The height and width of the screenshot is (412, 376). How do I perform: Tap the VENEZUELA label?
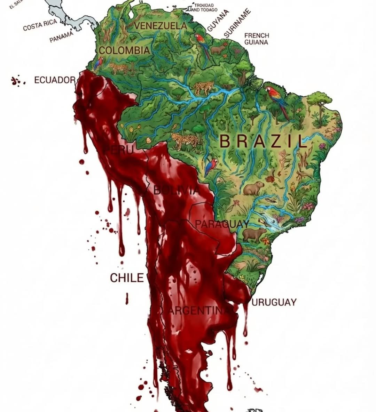pos(160,26)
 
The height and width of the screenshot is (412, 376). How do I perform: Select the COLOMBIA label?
pos(124,50)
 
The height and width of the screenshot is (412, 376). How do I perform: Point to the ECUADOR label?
pos(55,80)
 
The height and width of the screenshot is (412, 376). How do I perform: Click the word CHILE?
pos(127,278)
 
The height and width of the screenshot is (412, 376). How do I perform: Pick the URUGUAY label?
pos(274,302)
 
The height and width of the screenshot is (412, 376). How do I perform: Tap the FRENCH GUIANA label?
pos(257,39)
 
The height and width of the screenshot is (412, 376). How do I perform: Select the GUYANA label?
pos(218,21)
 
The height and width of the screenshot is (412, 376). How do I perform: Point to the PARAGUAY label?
pos(221,224)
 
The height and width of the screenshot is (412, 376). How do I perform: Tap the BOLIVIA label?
pos(177,190)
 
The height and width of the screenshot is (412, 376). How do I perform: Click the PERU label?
pos(119,150)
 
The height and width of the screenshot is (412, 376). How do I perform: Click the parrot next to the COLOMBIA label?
pos(99,64)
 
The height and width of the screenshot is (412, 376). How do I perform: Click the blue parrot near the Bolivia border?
pos(211,166)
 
